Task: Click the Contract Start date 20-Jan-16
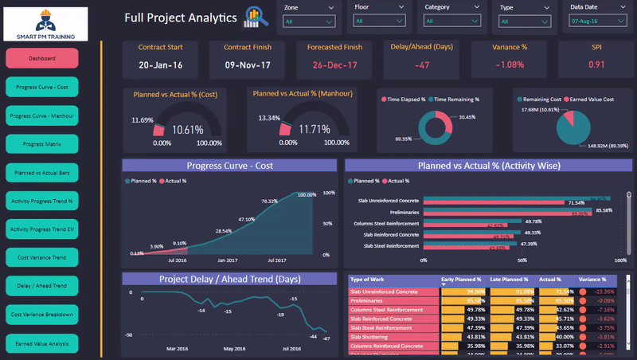tap(161, 65)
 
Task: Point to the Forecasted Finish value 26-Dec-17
tap(335, 65)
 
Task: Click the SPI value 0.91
tap(596, 65)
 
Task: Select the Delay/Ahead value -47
tap(422, 65)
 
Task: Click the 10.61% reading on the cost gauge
tap(188, 129)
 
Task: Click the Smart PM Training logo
tap(52, 23)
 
